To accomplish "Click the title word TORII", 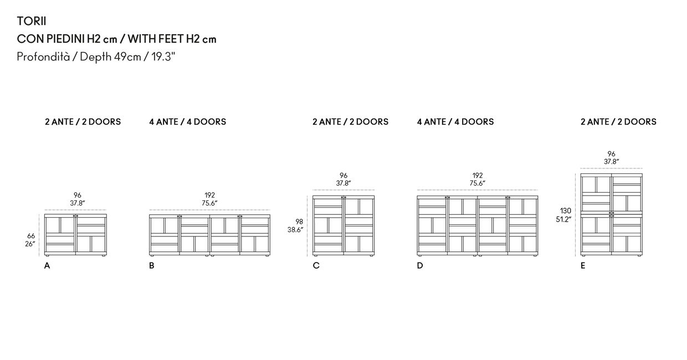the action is tap(32, 21).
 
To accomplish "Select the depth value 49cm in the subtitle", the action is tap(127, 56).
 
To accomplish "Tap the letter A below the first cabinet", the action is tap(47, 265).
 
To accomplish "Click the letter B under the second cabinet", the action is tap(152, 265).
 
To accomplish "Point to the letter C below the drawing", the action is tap(316, 265).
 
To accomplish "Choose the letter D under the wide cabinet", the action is tap(420, 265).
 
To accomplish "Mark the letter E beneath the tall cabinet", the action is tap(583, 265).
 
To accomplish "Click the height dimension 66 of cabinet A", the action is tap(31, 236).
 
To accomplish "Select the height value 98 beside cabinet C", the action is tap(299, 222).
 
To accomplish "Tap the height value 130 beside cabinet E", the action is tap(566, 210).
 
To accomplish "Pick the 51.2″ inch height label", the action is tap(563, 219).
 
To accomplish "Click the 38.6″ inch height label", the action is tap(295, 230).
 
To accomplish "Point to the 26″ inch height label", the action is tap(30, 244).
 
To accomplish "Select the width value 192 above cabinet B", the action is tap(210, 195).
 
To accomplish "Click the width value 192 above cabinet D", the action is tap(478, 176).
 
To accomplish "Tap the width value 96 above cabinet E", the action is tap(611, 153).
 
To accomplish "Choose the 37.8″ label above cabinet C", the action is tap(343, 183).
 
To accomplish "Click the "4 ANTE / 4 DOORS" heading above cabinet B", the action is tap(188, 122).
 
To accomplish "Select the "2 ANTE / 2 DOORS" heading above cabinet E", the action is tap(619, 122).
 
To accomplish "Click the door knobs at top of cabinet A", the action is tap(75, 216).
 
